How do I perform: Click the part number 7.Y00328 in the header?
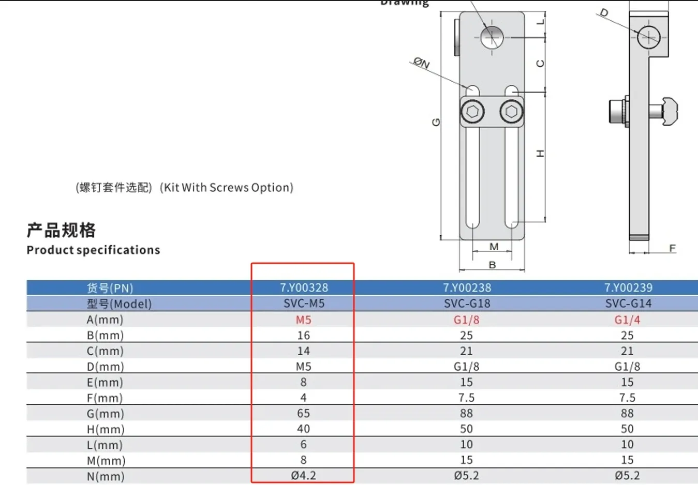point(304,287)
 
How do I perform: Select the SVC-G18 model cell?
point(467,304)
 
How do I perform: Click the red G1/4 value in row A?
point(627,320)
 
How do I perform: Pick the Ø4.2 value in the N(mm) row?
point(303,475)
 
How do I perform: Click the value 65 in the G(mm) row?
point(303,413)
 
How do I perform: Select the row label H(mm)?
point(106,429)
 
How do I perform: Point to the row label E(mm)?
point(105,383)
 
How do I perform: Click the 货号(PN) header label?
point(110,288)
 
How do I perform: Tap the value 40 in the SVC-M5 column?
point(303,429)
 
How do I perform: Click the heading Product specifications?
point(93,250)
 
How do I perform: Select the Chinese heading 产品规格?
point(61,230)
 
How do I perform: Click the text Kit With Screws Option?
point(227,187)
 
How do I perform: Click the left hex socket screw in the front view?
point(472,112)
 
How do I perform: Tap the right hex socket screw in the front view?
point(511,112)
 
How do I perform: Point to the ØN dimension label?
point(422,64)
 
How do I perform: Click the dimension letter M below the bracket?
point(494,247)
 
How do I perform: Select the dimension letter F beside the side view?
point(672,248)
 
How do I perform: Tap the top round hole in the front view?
point(492,37)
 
